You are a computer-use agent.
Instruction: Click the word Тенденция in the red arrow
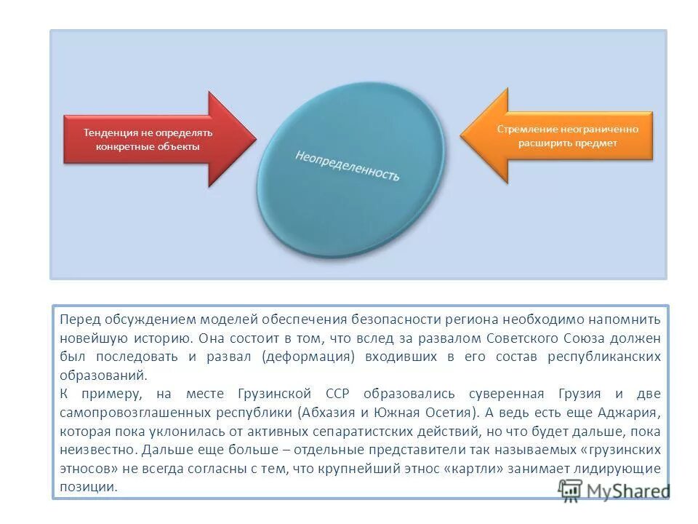click(x=110, y=133)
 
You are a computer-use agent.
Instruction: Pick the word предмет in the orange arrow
click(x=595, y=143)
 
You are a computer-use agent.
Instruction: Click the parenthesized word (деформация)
click(x=310, y=357)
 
